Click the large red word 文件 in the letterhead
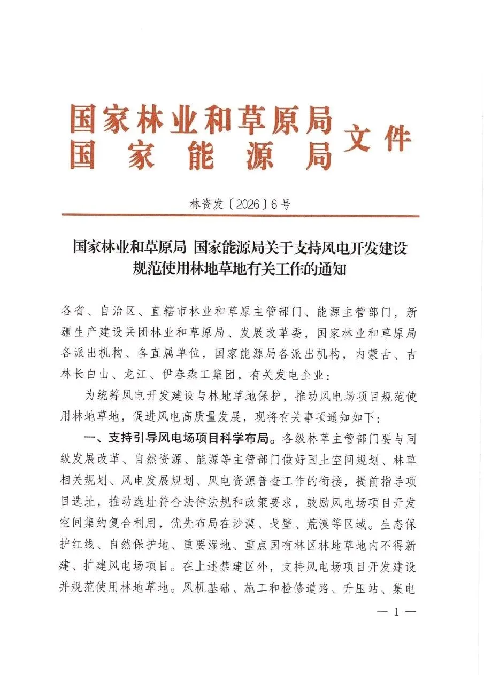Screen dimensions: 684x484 [378, 140]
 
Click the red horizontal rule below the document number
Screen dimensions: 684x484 [240, 216]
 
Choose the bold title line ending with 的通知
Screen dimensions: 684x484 [240, 269]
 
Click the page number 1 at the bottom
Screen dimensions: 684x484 [396, 612]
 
